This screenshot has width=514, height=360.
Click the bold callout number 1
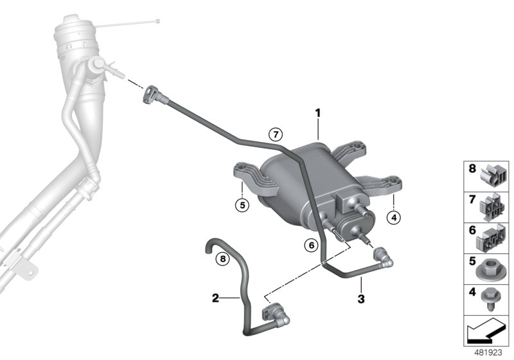[317, 114]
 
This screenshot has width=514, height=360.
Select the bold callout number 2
[216, 298]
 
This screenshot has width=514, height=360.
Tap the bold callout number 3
[361, 298]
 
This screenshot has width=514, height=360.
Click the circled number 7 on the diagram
[275, 134]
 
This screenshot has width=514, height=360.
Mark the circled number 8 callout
[221, 260]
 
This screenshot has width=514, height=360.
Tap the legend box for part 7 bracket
[486, 206]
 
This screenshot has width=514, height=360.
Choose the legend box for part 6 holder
[486, 237]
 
